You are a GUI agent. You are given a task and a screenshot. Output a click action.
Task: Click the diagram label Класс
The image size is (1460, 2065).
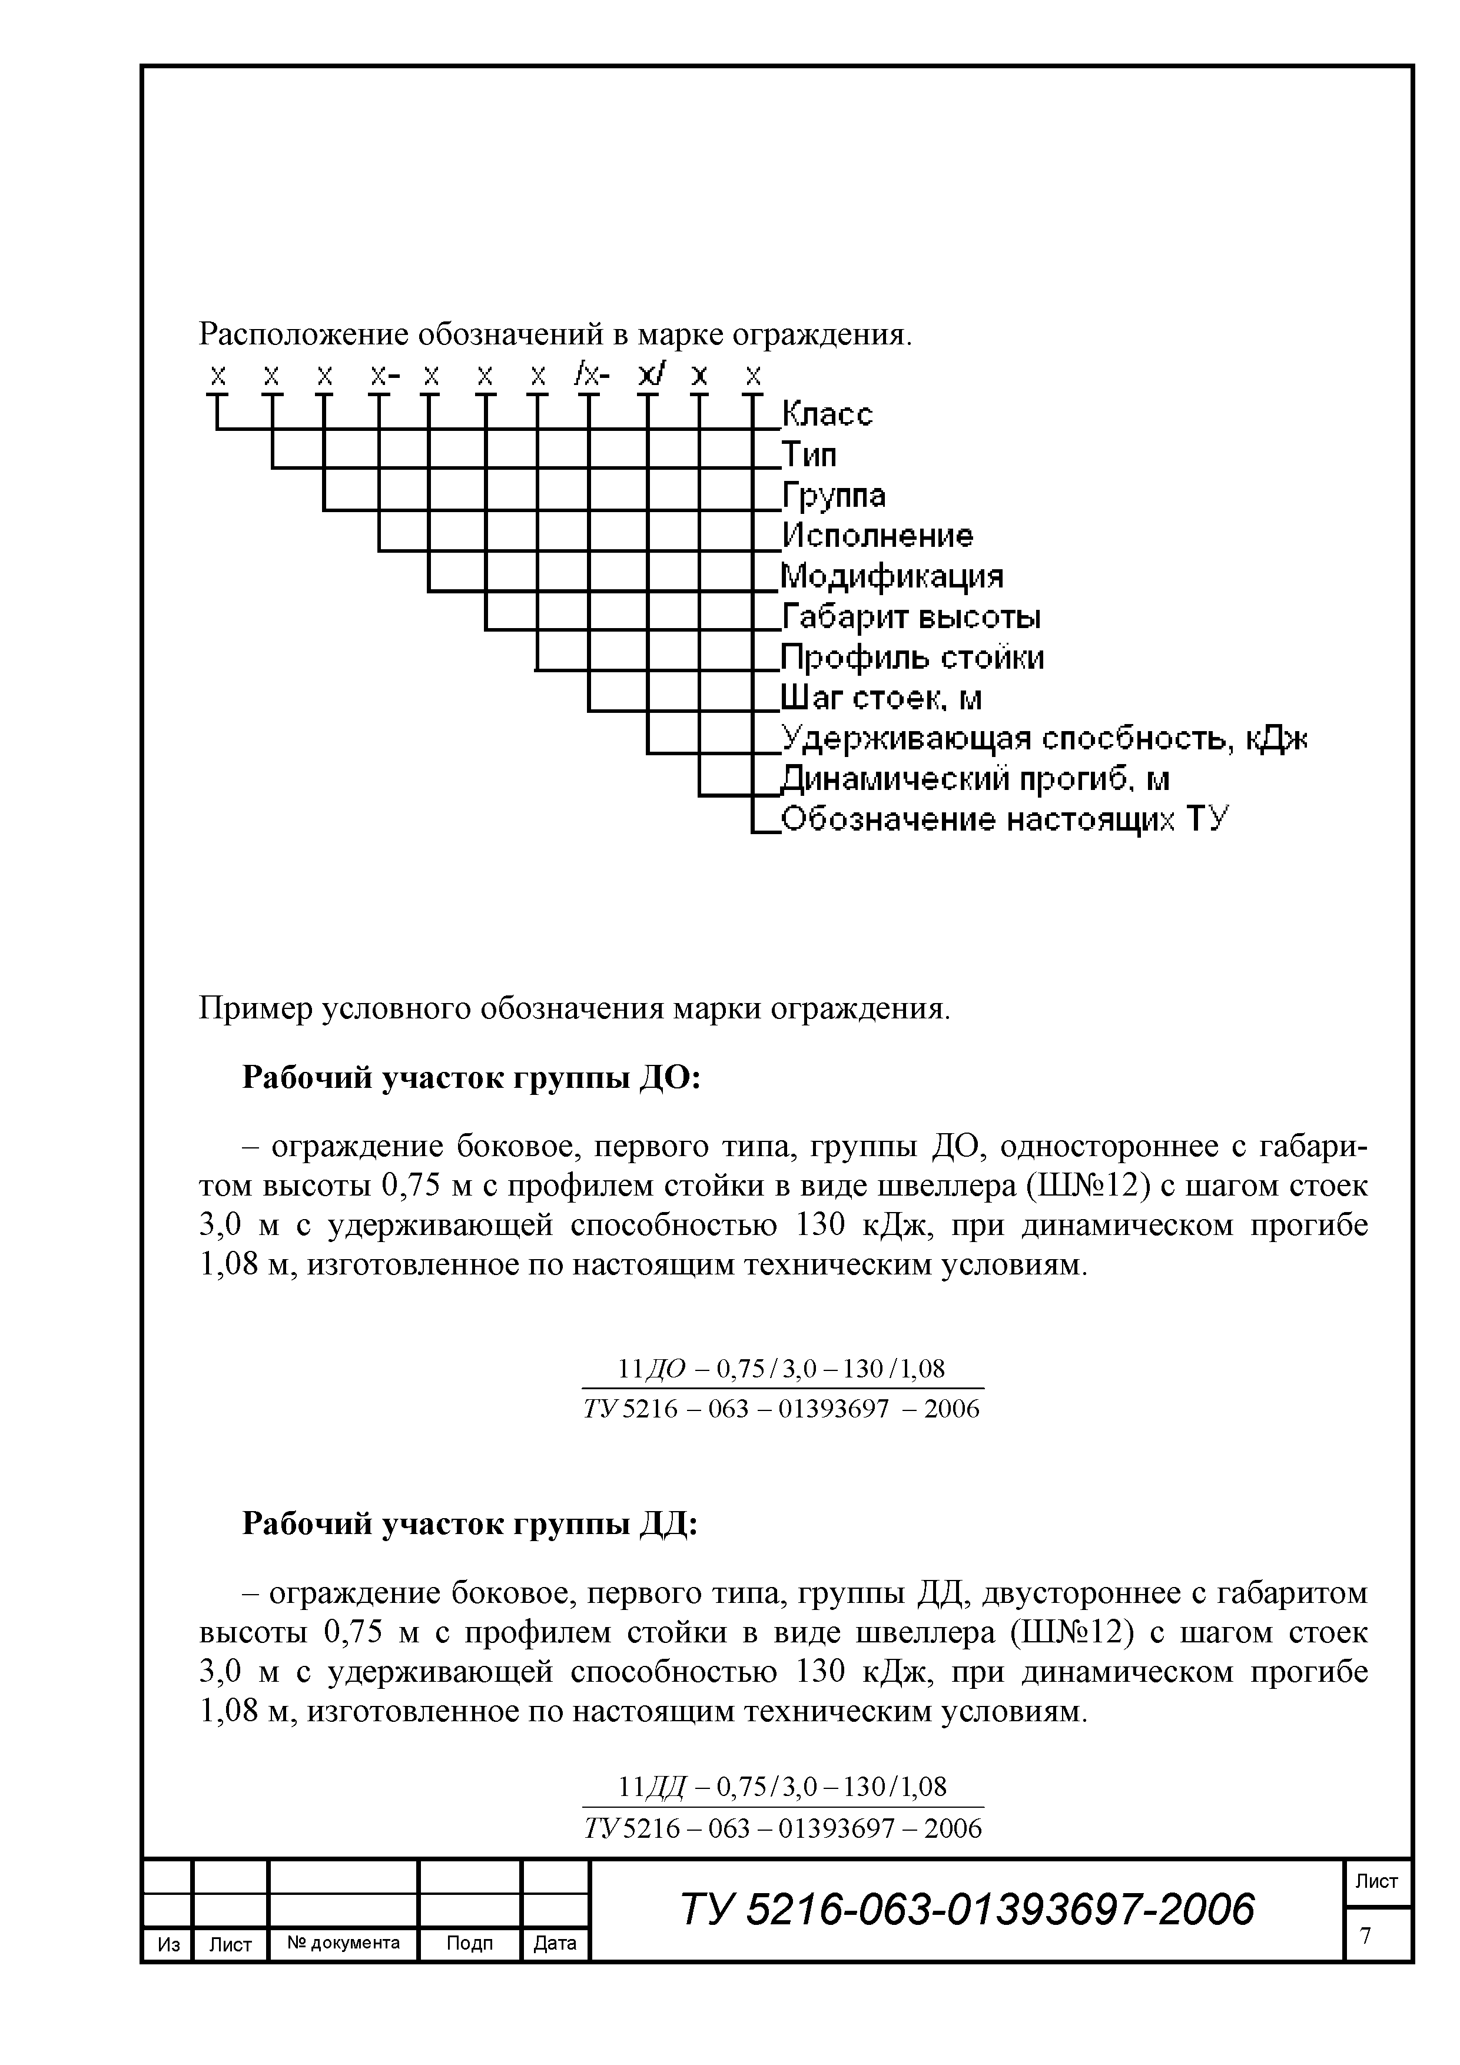[x=827, y=414]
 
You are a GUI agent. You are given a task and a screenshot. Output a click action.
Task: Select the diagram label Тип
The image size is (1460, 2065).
[x=809, y=455]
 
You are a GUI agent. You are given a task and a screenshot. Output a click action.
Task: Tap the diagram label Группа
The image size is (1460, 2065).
[x=833, y=496]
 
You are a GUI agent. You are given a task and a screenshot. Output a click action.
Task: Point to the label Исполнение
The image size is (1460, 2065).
[x=877, y=536]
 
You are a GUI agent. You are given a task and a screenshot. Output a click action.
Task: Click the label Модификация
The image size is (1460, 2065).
[x=891, y=576]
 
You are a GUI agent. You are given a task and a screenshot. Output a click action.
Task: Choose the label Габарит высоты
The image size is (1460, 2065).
[x=910, y=617]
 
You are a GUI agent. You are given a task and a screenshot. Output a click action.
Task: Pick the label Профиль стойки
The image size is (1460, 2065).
[x=912, y=658]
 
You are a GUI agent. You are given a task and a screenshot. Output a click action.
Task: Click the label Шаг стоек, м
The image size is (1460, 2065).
[x=881, y=698]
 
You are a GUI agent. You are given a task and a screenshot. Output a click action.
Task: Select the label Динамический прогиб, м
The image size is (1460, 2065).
[x=974, y=779]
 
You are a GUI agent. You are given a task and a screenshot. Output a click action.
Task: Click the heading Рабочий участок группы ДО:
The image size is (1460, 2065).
[x=472, y=1077]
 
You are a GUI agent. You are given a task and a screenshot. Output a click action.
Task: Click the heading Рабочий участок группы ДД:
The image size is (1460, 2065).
[x=470, y=1523]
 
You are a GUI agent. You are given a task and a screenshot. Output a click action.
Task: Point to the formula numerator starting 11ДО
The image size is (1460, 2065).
[x=782, y=1369]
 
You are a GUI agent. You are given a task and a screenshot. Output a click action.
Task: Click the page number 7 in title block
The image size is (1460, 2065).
[x=1366, y=1934]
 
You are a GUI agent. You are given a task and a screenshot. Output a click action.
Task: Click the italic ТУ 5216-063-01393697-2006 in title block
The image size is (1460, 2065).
[x=967, y=1910]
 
